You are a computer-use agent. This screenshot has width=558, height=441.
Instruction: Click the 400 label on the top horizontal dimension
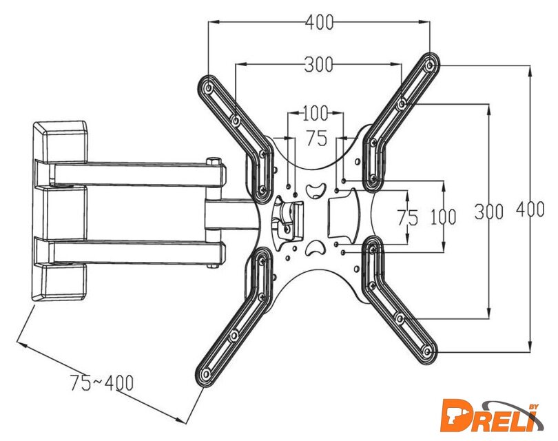click(318, 22)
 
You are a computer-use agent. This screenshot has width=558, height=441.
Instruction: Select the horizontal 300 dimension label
click(318, 65)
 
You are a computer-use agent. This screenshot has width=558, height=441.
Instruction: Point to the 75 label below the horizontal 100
click(316, 139)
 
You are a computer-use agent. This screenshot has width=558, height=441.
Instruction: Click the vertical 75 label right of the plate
click(407, 217)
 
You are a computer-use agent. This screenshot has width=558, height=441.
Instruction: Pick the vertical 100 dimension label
click(442, 217)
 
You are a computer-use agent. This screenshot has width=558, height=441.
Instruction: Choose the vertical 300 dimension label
click(489, 212)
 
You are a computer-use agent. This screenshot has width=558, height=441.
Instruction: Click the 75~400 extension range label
click(102, 381)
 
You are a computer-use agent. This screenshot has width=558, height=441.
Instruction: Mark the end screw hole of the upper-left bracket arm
click(208, 88)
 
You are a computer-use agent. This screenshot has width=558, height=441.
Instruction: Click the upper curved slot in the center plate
click(315, 189)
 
